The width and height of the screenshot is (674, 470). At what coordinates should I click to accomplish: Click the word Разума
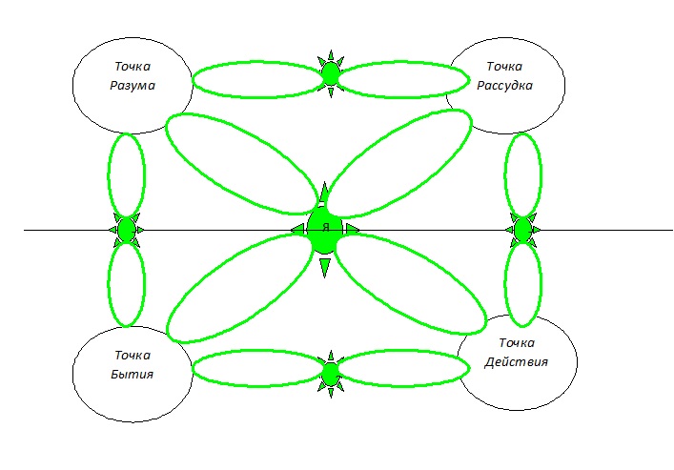(132, 86)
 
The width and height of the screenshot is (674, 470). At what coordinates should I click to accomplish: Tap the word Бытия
(132, 374)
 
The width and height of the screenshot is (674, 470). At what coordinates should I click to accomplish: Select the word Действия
(516, 361)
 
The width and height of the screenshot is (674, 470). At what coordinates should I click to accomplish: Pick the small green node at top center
(331, 72)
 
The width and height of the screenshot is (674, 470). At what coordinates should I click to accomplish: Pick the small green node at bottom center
(331, 373)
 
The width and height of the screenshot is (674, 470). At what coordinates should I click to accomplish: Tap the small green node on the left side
(126, 230)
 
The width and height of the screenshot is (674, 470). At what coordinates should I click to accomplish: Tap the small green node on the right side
(522, 230)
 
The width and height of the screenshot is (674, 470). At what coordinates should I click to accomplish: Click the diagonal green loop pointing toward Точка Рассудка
(400, 162)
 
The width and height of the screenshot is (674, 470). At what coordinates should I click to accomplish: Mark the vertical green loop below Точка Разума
(126, 175)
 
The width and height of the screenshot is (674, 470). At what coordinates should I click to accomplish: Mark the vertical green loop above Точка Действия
(522, 284)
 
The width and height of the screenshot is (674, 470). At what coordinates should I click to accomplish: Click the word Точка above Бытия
(132, 355)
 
